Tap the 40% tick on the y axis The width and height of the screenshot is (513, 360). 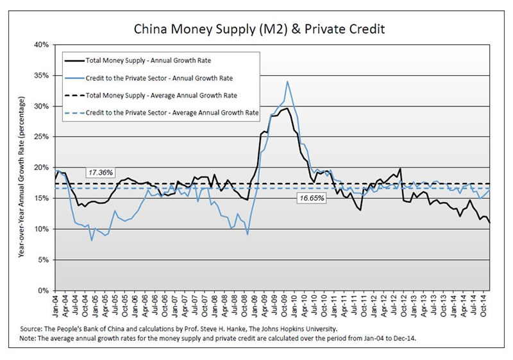43,45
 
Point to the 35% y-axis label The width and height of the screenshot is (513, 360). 43,75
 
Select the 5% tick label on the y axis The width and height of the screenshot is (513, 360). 45,260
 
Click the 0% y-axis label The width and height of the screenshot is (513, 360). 45,291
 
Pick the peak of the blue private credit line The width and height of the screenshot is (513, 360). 287,81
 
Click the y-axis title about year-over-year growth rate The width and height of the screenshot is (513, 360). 23,179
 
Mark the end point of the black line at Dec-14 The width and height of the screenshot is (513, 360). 491,222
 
